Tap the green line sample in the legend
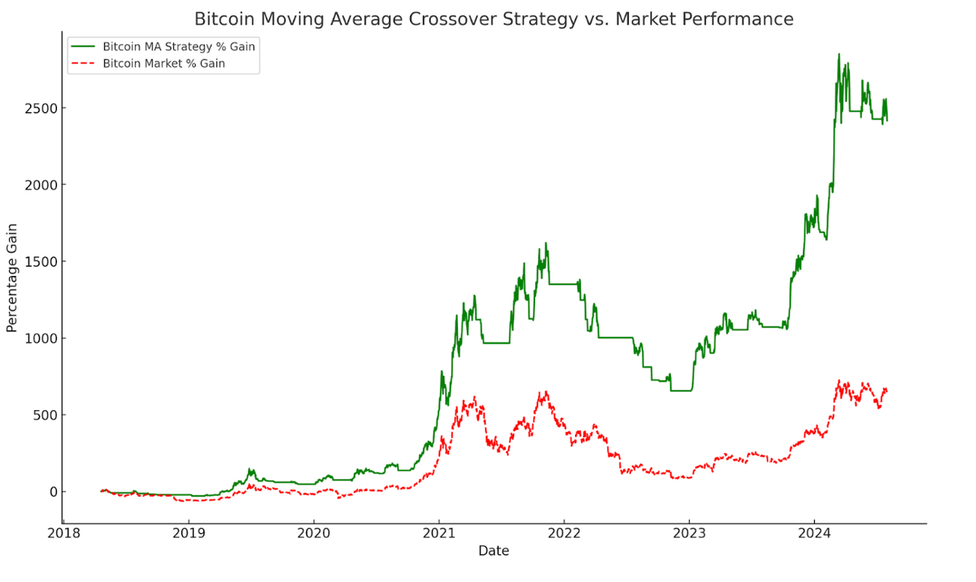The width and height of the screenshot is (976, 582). (x=83, y=46)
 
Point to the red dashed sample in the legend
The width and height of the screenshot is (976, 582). (x=83, y=63)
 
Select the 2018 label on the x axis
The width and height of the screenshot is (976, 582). (x=63, y=534)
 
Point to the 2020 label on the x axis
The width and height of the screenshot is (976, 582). (x=314, y=534)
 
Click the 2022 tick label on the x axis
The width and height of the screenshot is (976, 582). (x=564, y=534)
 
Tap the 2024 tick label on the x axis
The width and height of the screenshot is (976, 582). (x=814, y=534)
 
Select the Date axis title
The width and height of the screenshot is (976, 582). (x=494, y=551)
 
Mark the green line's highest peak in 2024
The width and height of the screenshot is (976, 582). (x=839, y=55)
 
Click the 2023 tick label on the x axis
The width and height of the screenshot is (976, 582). (x=689, y=534)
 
